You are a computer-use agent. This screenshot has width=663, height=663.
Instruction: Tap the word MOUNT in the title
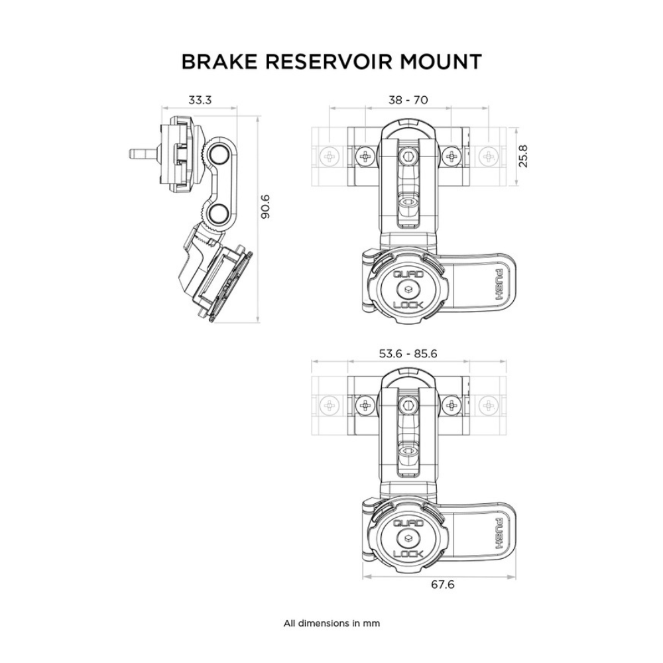442,62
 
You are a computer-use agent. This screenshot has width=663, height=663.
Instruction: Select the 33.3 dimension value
200,101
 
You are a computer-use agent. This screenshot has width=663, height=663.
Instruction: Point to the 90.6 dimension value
266,207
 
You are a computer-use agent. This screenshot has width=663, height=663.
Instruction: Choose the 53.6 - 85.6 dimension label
408,353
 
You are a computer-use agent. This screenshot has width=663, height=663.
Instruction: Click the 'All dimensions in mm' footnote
331,623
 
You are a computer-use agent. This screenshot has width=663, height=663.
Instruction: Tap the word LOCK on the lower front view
408,554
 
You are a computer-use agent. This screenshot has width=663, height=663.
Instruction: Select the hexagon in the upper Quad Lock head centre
408,288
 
